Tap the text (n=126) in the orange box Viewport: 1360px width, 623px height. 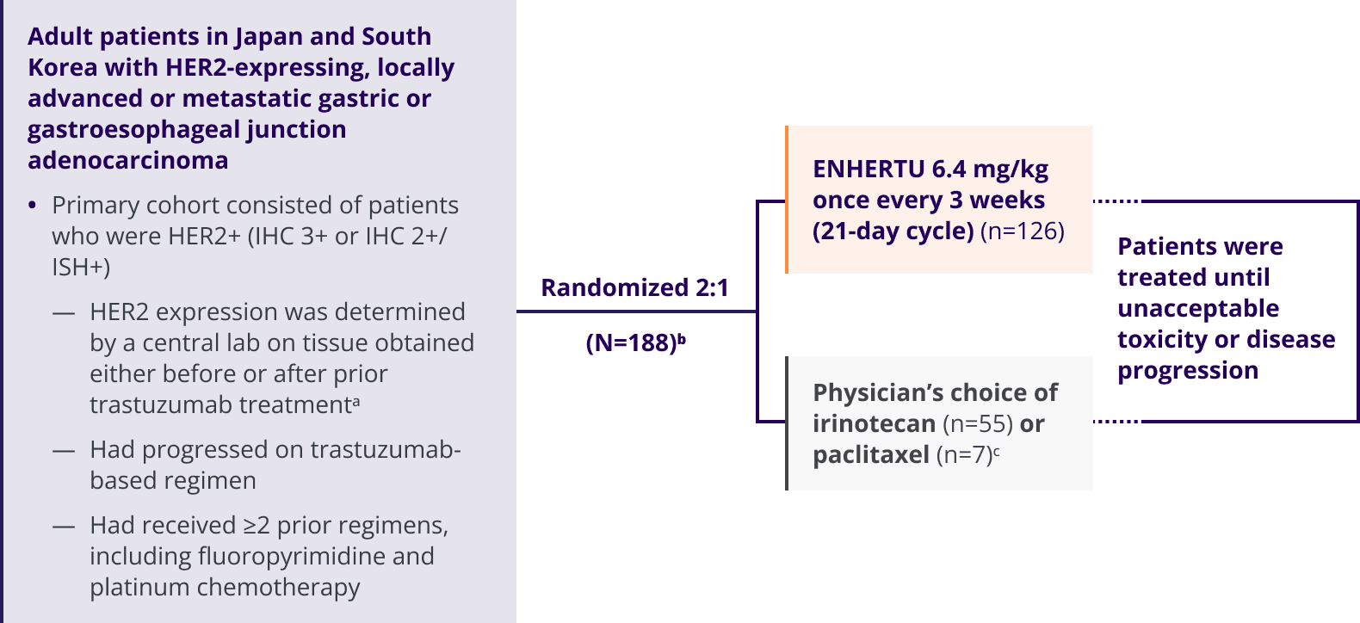[x=1023, y=231]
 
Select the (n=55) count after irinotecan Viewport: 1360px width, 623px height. [x=978, y=424]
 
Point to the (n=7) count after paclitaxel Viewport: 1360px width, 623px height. [x=964, y=455]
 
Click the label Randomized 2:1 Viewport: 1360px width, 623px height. [x=634, y=287]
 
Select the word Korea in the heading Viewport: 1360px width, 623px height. [x=62, y=68]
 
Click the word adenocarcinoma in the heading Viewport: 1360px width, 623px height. [x=128, y=161]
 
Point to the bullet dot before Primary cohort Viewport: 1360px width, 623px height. [x=33, y=206]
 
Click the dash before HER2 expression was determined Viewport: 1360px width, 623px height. [x=64, y=312]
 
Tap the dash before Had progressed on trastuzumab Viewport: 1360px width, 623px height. [x=64, y=450]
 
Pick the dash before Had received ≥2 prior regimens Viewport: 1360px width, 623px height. [x=64, y=526]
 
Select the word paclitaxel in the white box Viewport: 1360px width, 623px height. [x=871, y=455]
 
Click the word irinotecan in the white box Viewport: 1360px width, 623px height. [x=874, y=424]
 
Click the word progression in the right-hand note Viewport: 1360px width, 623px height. [x=1188, y=371]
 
